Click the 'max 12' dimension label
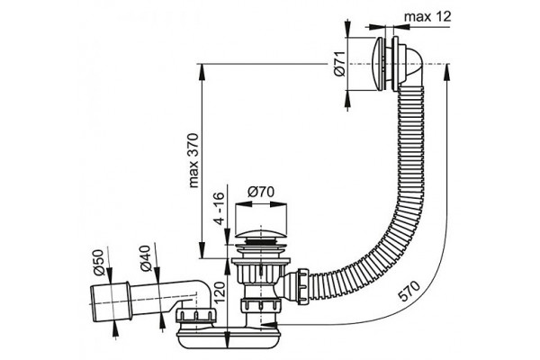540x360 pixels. click(x=427, y=16)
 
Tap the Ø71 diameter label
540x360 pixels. click(x=339, y=63)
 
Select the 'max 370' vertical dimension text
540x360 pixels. click(x=193, y=160)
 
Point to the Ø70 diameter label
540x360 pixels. click(x=261, y=192)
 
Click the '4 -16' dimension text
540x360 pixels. click(x=219, y=208)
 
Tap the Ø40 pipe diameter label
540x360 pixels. click(x=145, y=258)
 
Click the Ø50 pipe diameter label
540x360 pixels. click(x=98, y=263)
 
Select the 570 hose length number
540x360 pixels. click(x=409, y=291)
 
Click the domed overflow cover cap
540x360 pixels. click(x=379, y=65)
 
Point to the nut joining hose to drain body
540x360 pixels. click(x=302, y=285)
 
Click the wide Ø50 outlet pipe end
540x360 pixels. click(x=110, y=302)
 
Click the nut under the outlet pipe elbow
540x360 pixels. click(x=196, y=317)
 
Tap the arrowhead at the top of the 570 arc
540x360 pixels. click(x=446, y=73)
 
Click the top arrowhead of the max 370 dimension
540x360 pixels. click(x=202, y=72)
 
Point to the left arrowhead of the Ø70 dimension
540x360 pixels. click(x=243, y=204)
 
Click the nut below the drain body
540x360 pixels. click(x=260, y=304)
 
